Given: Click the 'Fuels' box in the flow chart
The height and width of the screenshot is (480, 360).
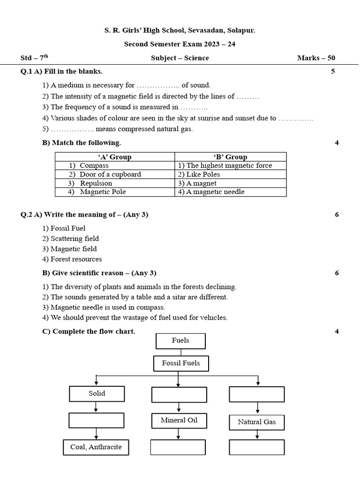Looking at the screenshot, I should click(x=180, y=341).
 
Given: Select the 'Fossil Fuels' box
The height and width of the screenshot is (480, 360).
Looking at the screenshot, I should click(x=181, y=363).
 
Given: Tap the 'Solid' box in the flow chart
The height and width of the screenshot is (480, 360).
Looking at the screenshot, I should click(x=97, y=394).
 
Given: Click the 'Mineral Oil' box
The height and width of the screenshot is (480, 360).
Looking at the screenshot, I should click(x=179, y=420).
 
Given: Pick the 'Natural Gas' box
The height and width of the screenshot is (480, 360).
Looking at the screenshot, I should click(x=256, y=422).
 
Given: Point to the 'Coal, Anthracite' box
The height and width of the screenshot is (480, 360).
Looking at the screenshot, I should click(x=96, y=447).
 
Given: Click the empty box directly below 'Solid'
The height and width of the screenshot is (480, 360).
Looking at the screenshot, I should click(x=97, y=420).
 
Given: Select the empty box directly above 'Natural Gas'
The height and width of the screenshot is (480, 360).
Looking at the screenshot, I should click(x=256, y=394).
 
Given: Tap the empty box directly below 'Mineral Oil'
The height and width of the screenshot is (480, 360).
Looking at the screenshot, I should click(x=178, y=447).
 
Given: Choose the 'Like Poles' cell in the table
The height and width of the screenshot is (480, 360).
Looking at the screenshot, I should click(x=230, y=174).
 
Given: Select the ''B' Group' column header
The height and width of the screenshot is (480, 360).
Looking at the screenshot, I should click(x=230, y=157).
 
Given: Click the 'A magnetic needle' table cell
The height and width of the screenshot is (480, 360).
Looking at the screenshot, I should click(x=230, y=192).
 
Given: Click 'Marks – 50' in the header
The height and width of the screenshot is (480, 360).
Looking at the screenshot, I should click(x=316, y=58).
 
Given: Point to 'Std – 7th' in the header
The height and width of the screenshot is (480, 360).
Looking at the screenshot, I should click(x=34, y=58).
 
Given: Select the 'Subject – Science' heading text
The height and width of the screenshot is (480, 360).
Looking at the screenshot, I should click(x=180, y=58).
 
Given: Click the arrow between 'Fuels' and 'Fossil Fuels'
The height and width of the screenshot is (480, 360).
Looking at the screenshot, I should click(x=180, y=352).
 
